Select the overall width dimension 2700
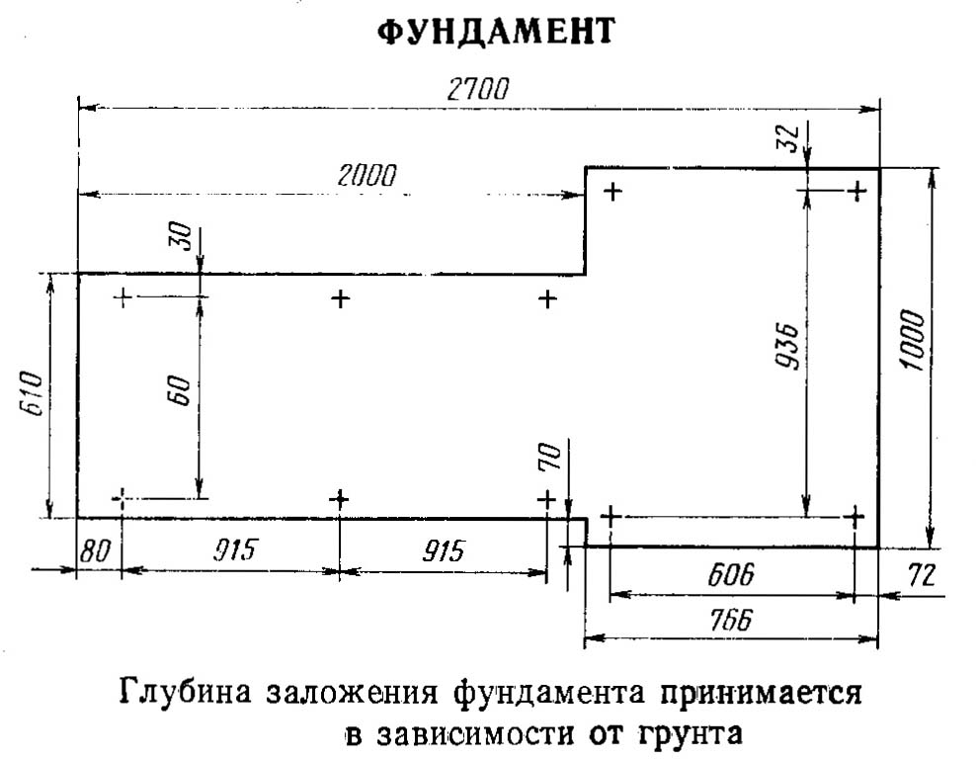(477, 90)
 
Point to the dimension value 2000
(366, 176)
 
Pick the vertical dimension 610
(31, 394)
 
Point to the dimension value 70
(550, 458)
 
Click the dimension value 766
(730, 621)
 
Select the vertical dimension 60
(180, 390)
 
